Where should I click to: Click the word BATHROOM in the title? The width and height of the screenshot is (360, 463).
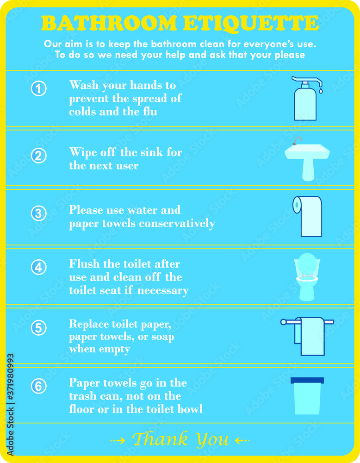point(109,23)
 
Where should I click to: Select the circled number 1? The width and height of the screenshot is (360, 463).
point(39,88)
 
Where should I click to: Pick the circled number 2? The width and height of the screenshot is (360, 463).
point(39,155)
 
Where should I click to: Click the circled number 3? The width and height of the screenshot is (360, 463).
point(39,213)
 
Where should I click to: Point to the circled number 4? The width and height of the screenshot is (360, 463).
point(39,268)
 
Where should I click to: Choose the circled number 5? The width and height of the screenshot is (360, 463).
point(39,328)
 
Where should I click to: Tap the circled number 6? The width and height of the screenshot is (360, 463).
point(39,386)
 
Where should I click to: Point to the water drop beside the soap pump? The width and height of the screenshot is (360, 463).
point(320,91)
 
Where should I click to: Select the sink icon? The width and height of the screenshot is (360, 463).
point(307,160)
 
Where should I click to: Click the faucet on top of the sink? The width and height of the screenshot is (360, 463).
point(298,140)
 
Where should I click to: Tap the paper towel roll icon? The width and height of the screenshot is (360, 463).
point(308,216)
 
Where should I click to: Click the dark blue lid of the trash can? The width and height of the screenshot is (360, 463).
point(307,381)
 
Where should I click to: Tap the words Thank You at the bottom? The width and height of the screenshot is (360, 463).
point(180,439)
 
